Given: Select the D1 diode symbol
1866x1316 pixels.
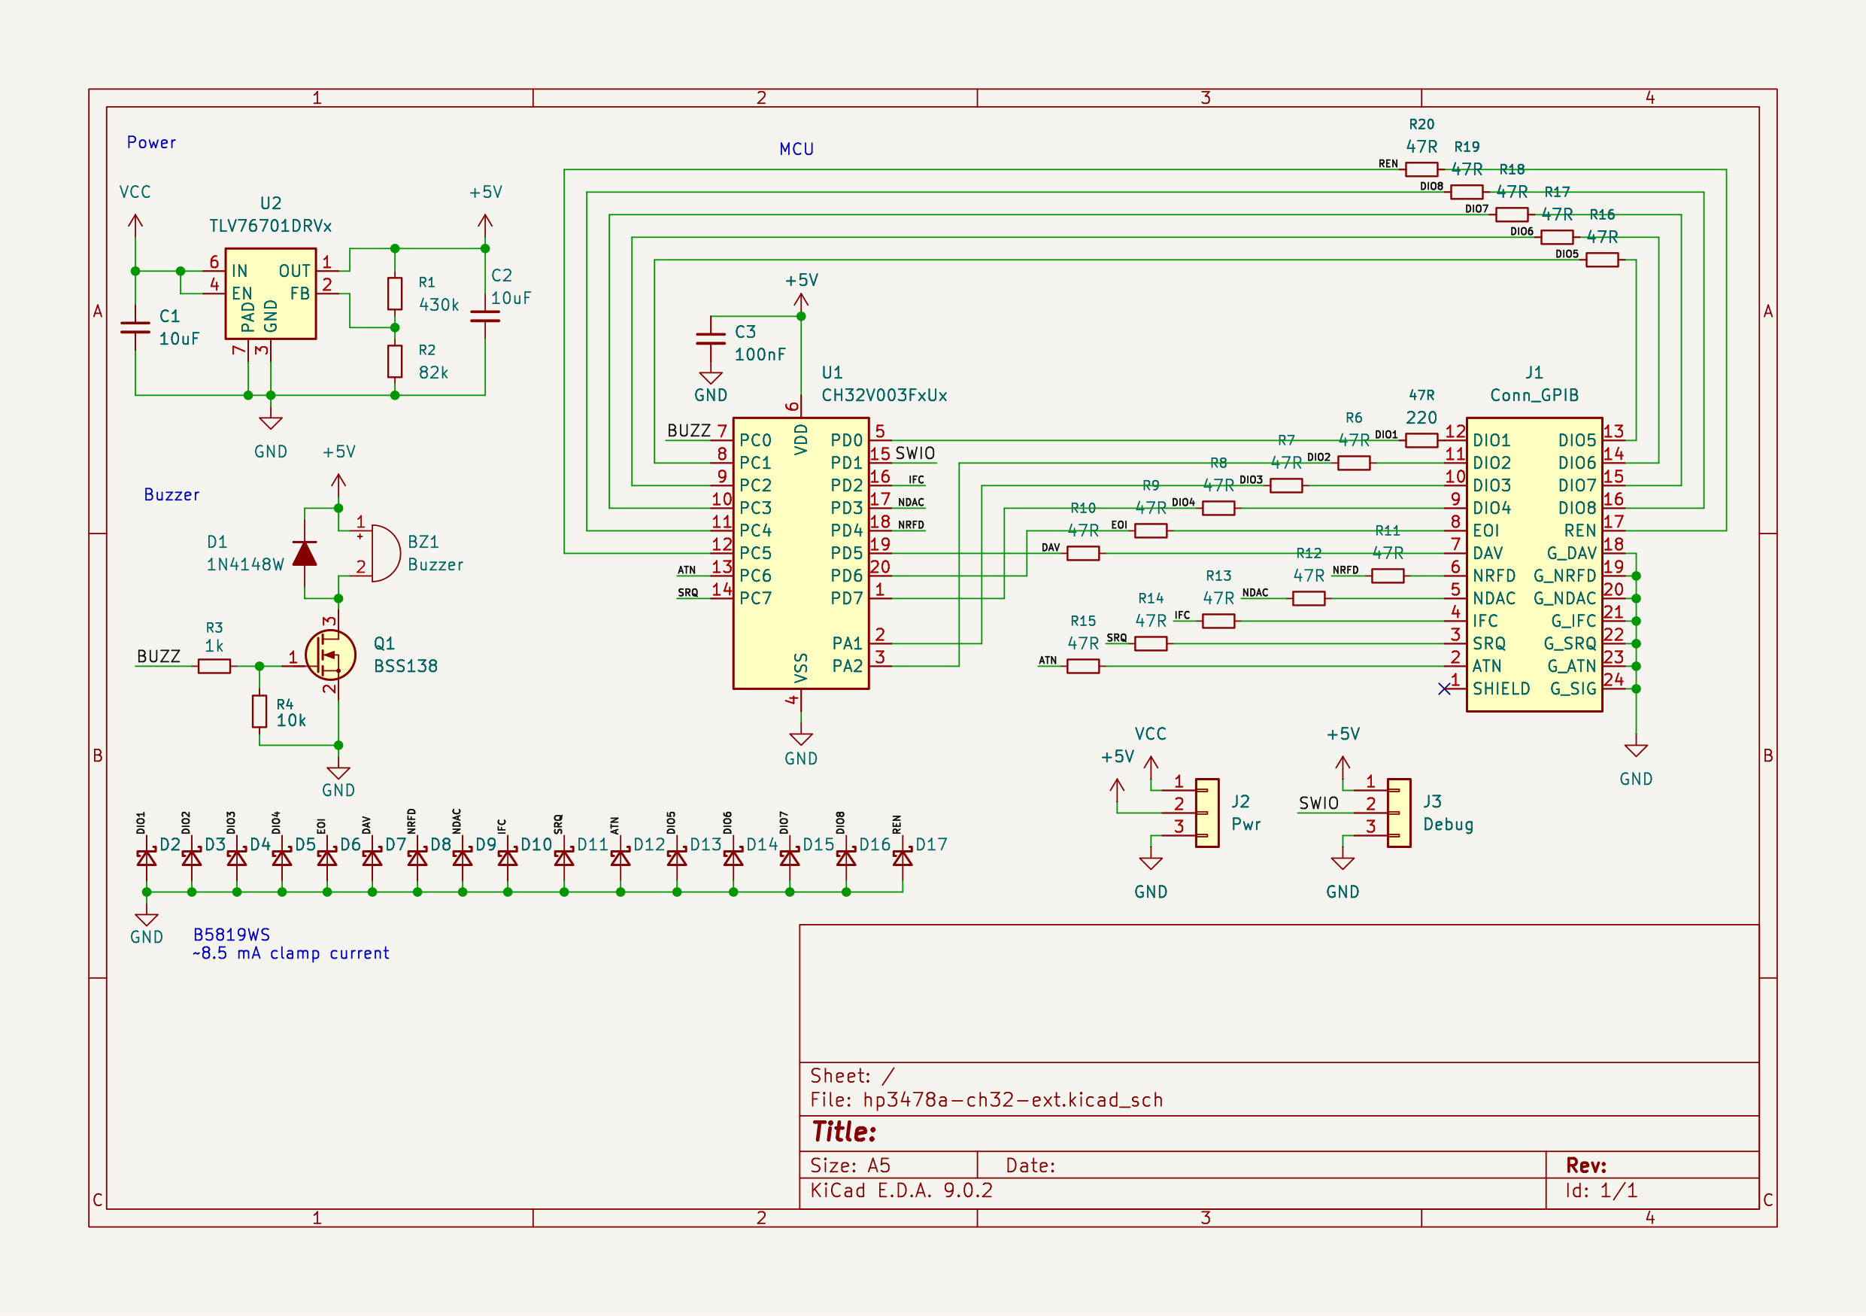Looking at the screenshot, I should (305, 554).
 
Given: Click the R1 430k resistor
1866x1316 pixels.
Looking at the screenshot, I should (395, 293).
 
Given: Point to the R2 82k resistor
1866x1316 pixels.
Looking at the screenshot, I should (395, 361).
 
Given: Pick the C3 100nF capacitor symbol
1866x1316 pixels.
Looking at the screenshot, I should (712, 338).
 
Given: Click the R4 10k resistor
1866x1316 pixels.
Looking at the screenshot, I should (259, 711).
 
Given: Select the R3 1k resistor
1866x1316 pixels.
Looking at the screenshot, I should (214, 667).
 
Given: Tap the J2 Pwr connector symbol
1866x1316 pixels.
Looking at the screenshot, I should (1207, 813).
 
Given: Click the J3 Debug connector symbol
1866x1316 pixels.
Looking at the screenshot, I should (1399, 813).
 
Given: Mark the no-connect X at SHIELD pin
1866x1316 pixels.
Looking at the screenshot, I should (1444, 689).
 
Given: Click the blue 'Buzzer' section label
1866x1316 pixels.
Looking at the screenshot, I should (171, 495).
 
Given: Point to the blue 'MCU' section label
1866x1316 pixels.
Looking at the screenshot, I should (796, 150).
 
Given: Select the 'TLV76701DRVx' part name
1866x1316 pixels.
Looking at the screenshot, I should (271, 226).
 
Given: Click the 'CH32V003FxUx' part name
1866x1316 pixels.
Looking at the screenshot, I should (884, 396).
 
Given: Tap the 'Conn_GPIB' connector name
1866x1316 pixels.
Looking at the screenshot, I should (1534, 396).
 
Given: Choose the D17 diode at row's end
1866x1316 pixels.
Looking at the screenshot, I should (902, 858).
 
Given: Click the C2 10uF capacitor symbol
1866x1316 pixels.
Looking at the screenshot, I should (485, 316).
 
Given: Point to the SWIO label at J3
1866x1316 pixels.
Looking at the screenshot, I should (1318, 804).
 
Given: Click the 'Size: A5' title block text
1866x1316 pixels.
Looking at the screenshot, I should (850, 1166).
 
